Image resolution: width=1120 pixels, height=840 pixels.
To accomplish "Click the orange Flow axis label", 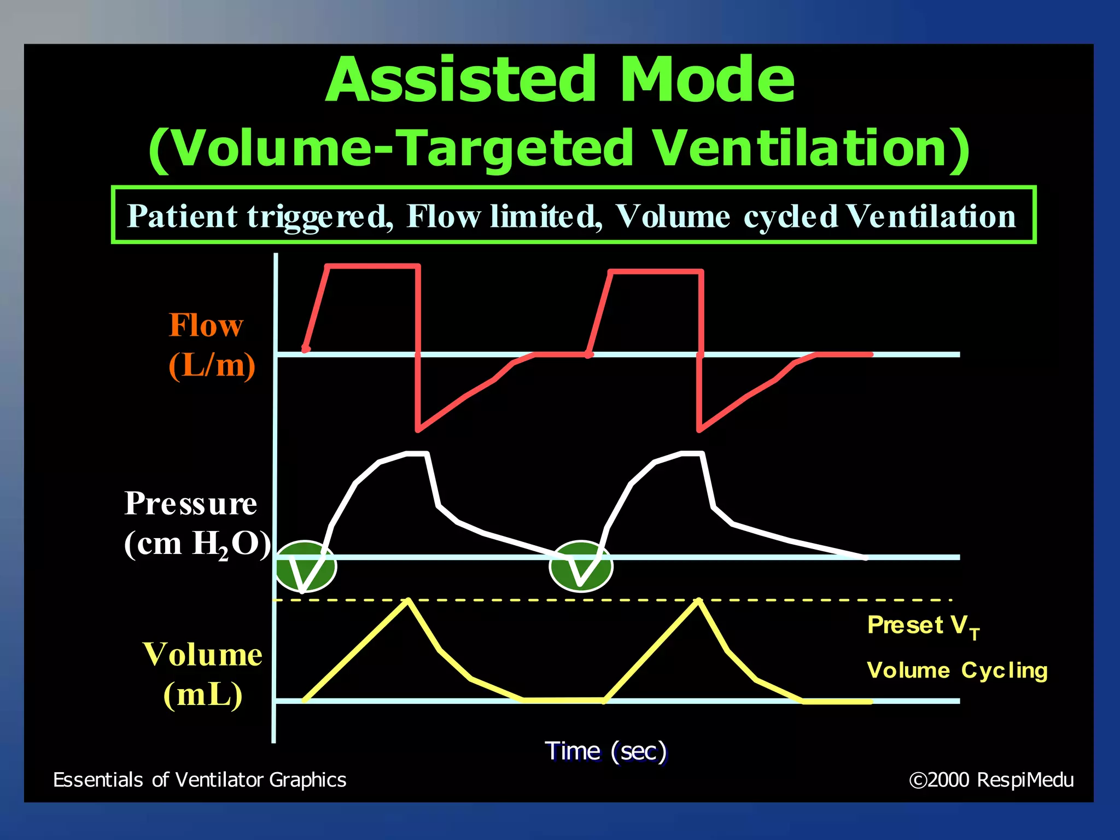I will [x=206, y=325].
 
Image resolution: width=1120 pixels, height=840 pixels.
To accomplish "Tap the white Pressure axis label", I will [x=190, y=503].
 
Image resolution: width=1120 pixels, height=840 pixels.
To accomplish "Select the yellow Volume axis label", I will [x=202, y=654].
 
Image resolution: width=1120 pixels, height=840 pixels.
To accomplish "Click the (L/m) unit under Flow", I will [x=212, y=365].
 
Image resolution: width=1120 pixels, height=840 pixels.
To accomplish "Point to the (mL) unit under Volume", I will [x=203, y=695].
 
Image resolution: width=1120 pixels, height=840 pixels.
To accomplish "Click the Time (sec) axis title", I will [x=605, y=751].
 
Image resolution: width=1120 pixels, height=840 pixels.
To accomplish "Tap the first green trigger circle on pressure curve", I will [x=305, y=567].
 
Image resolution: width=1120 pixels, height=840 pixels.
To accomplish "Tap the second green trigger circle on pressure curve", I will [x=581, y=567].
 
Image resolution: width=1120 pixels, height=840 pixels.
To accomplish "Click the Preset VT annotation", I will [x=923, y=626].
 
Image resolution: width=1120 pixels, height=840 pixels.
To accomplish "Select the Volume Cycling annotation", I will [x=957, y=670].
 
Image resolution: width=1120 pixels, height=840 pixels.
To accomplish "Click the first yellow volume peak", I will [x=407, y=601].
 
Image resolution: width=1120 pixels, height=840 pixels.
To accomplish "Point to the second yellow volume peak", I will [x=698, y=601].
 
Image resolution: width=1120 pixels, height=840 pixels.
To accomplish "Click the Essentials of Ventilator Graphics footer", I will [x=200, y=780].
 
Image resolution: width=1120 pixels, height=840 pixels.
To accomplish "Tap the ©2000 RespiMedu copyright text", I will [x=991, y=780].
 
